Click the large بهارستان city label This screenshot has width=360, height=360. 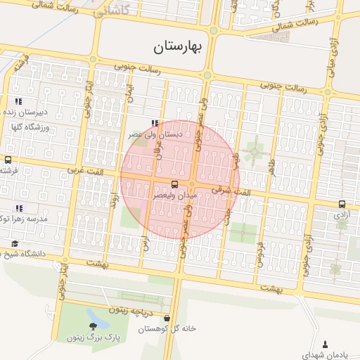pos(177,48)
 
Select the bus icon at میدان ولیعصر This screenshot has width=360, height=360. pos(174,184)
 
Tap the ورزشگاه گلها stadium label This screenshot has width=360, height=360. pos(27,127)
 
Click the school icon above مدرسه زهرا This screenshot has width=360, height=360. pos(18,207)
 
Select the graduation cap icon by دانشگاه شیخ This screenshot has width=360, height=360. pos(14,243)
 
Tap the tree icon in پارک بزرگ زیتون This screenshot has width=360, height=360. pos(94,326)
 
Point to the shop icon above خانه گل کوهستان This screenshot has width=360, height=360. pos(166,318)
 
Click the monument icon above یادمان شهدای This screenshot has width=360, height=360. pos(325,343)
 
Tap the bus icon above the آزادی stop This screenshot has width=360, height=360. pos(342,202)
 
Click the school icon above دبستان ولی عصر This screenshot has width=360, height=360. pos(155,122)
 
